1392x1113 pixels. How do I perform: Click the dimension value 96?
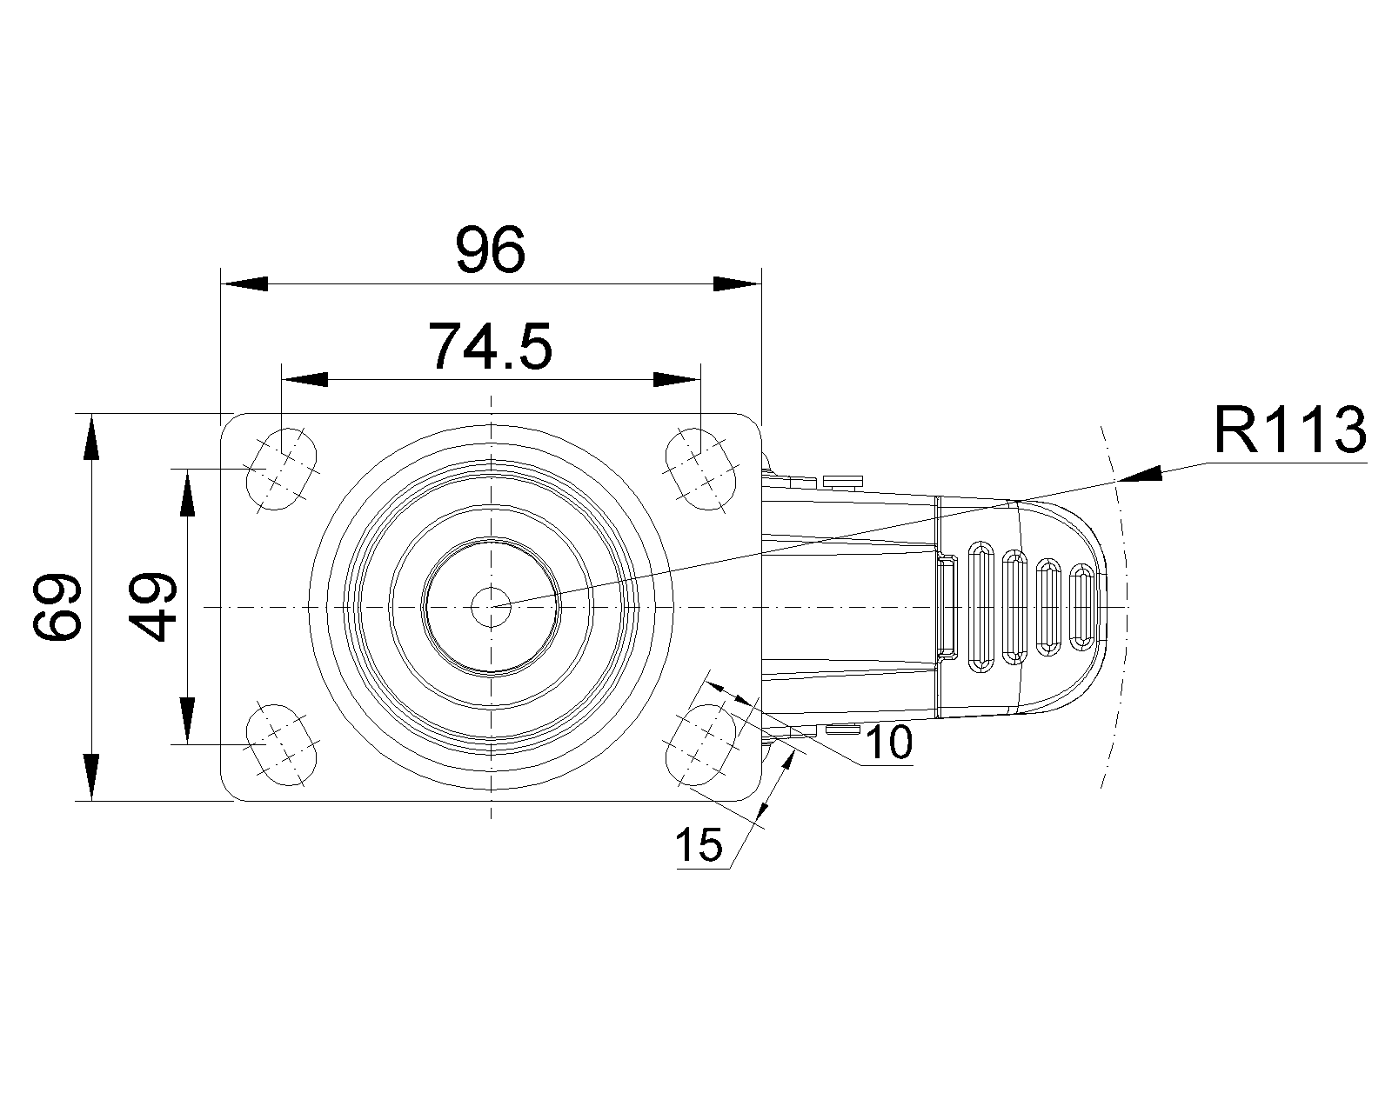click(x=491, y=250)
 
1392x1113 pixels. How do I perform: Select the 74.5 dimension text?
click(x=491, y=347)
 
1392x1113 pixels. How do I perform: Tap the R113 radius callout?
click(x=1290, y=430)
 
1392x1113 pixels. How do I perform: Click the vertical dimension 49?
click(x=152, y=607)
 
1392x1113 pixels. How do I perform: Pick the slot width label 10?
click(x=888, y=743)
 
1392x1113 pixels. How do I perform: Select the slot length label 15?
click(x=699, y=844)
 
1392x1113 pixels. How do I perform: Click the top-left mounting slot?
click(x=281, y=469)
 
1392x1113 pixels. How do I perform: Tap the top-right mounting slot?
click(x=701, y=469)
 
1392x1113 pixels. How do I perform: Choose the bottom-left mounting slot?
click(x=281, y=745)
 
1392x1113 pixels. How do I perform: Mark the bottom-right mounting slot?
click(x=701, y=745)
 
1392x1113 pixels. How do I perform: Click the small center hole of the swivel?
click(x=491, y=607)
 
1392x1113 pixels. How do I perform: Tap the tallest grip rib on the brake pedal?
click(x=980, y=607)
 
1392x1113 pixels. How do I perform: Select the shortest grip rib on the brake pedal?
click(x=1083, y=607)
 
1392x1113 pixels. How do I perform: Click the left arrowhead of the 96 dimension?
click(x=244, y=284)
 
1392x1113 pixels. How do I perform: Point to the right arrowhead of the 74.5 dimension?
click(x=677, y=380)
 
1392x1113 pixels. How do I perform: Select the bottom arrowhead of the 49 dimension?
click(x=188, y=721)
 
